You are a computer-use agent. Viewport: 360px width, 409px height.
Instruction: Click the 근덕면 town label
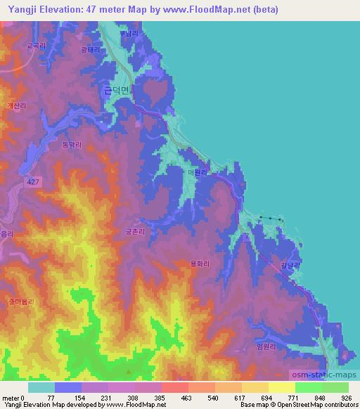pos(116,90)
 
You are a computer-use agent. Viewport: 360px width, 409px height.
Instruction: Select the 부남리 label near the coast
pos(129,33)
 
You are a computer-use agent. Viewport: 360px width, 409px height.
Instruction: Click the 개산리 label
pos(16,105)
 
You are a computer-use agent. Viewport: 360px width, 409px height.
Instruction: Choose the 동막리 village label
pos(72,145)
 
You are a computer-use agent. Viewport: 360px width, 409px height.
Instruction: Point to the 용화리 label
pos(200,264)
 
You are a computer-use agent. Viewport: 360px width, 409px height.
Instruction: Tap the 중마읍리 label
pos(22,301)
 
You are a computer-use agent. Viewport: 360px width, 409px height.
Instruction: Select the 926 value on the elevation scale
pos(346,397)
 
